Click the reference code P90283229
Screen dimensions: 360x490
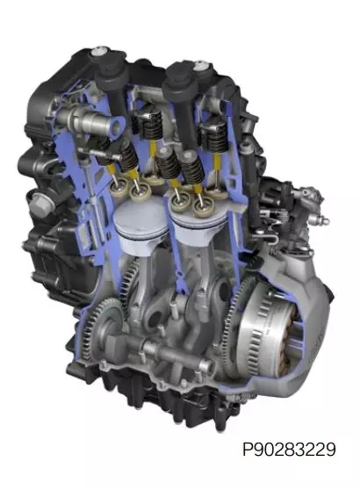tap(289, 450)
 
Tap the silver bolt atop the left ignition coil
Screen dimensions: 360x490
tap(99, 52)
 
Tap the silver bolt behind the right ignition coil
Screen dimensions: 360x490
tap(199, 67)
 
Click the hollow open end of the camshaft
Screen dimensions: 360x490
tap(117, 126)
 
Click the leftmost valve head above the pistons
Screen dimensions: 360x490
tap(119, 188)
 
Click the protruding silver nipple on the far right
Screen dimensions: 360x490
tap(322, 222)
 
